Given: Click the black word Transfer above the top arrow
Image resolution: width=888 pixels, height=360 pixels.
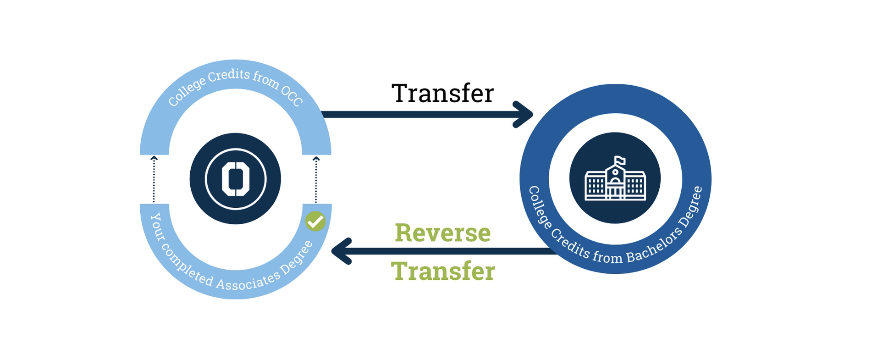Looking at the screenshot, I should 442,94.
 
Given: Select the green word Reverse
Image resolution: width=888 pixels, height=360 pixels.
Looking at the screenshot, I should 442,233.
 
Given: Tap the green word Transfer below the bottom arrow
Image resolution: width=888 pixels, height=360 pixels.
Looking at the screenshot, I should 442,271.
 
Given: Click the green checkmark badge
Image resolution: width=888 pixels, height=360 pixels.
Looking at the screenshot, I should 315,222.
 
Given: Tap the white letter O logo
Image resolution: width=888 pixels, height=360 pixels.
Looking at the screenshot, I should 235,178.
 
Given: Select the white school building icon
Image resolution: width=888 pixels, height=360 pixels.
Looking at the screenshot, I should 615,180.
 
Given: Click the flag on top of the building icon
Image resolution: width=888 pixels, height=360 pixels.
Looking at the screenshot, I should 619,160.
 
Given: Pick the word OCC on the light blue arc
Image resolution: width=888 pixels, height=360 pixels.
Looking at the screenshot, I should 292,95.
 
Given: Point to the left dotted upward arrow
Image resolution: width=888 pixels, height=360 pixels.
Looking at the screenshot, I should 154,179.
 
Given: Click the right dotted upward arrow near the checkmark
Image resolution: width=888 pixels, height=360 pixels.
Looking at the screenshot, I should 316,179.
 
